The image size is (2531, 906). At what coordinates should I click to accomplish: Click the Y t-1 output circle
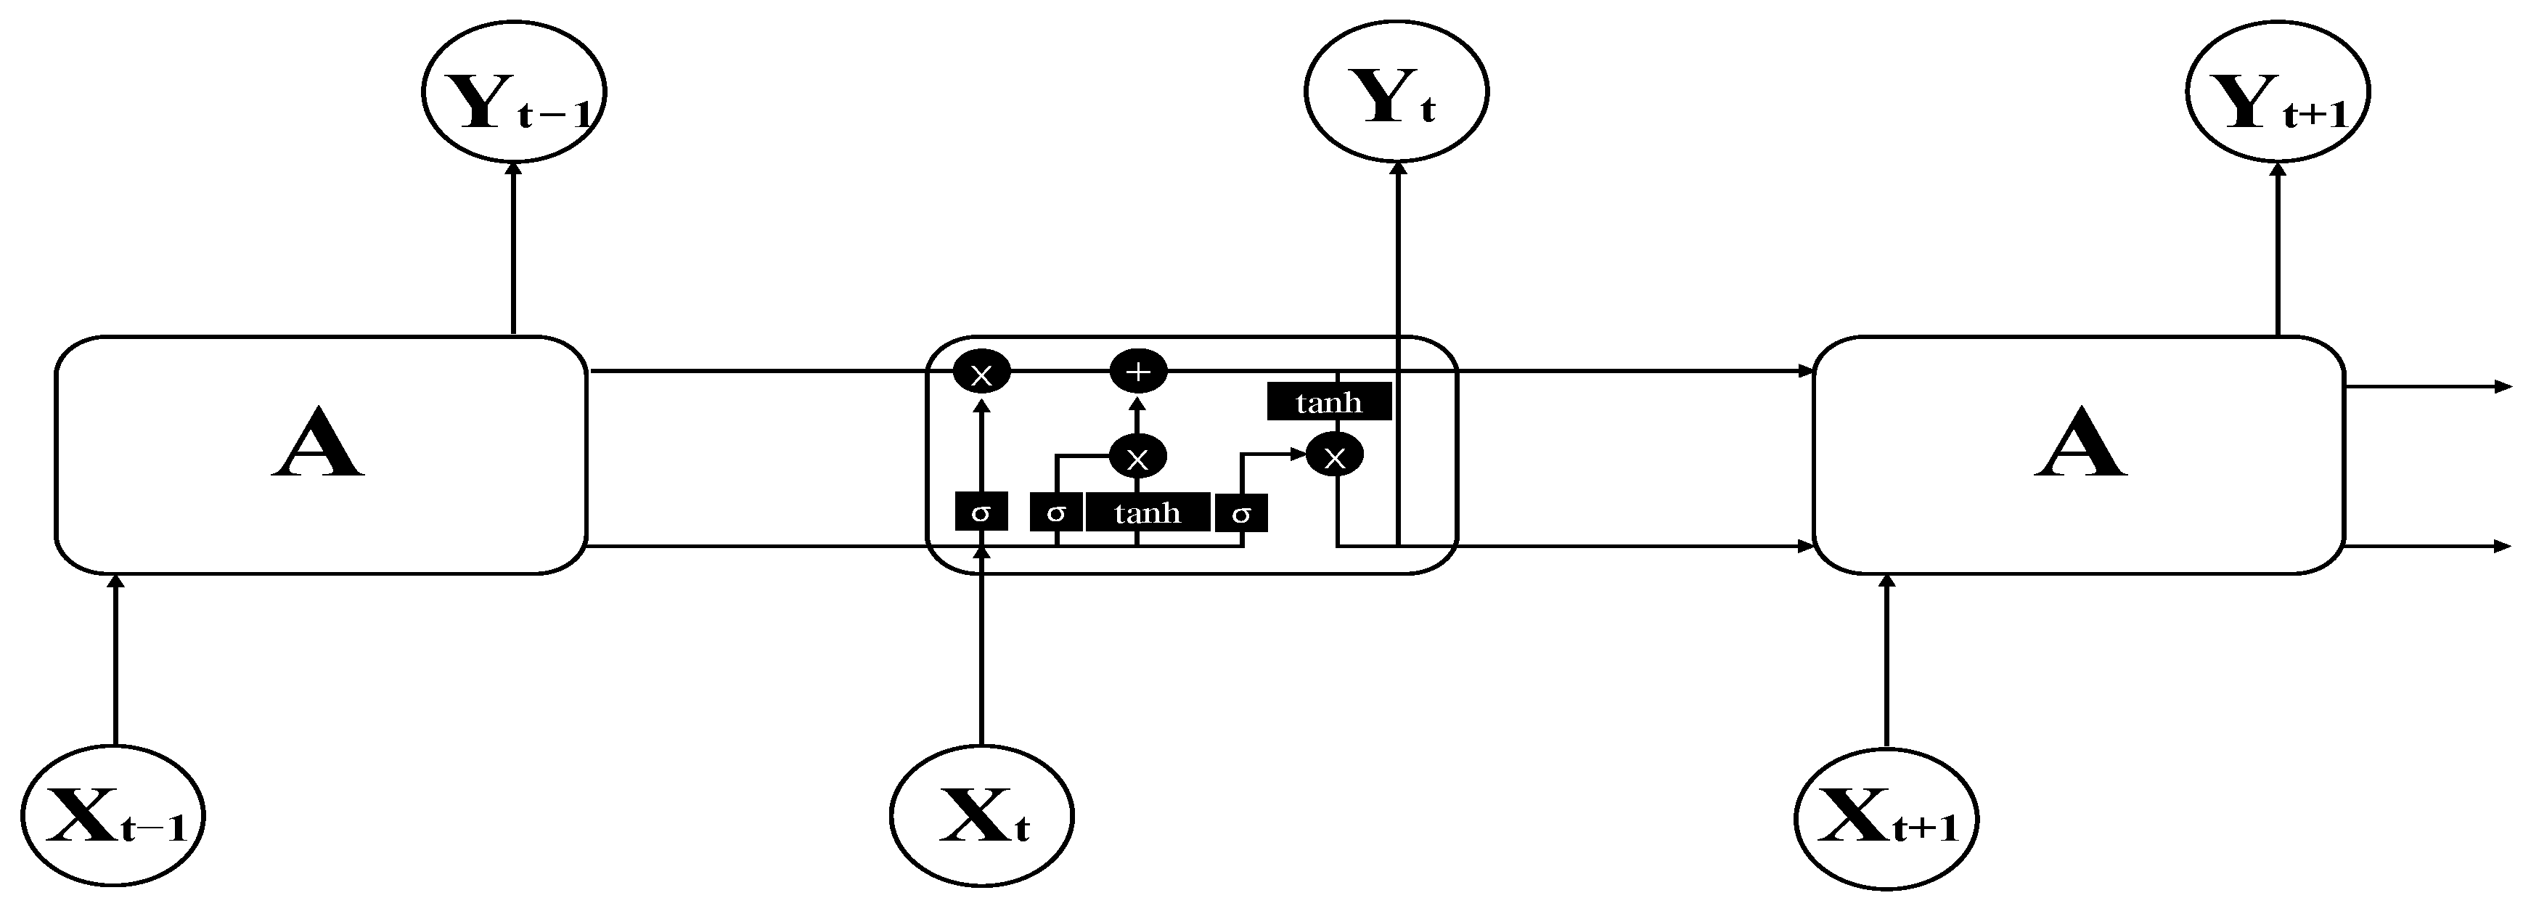pos(514,91)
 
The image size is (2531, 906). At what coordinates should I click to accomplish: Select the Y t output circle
pos(1397,91)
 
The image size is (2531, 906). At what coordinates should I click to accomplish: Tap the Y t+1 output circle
pos(2278,91)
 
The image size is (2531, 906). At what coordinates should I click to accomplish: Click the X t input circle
pos(981,815)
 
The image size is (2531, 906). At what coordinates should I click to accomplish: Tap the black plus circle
pos(1138,372)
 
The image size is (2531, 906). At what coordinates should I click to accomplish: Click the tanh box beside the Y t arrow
pos(1328,402)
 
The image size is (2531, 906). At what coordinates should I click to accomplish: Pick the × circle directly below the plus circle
pos(1138,457)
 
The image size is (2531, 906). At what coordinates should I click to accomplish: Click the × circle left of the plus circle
pos(981,372)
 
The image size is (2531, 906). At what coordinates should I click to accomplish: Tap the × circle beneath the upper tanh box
pos(1334,456)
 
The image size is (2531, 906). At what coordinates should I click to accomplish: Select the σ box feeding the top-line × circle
pos(981,512)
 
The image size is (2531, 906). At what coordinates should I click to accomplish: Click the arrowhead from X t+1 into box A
pos(1886,581)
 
